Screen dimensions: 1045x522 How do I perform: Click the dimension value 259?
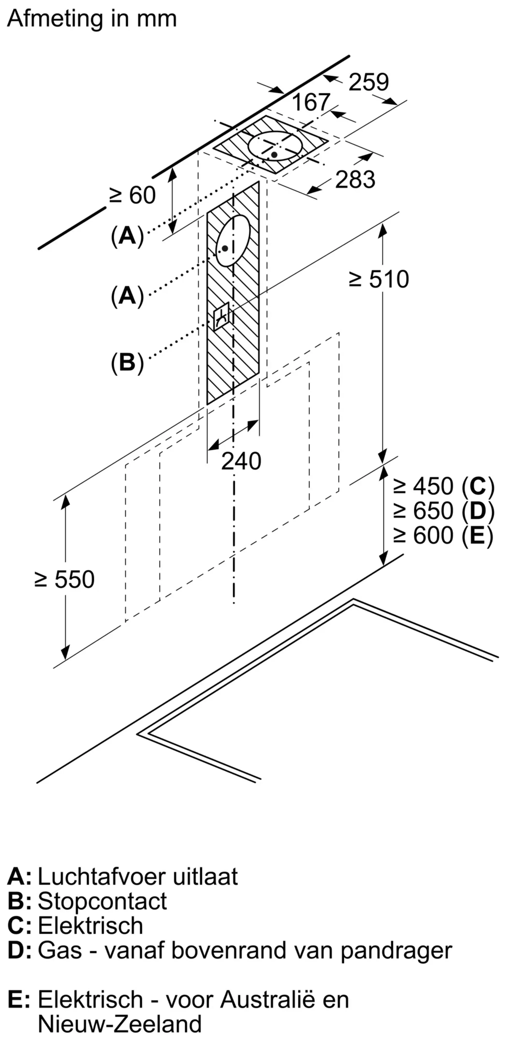pyautogui.click(x=368, y=82)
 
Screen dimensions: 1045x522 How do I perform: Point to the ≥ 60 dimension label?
pyautogui.click(x=132, y=195)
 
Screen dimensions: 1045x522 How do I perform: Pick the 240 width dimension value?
pyautogui.click(x=241, y=461)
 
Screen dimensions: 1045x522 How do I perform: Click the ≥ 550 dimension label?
pyautogui.click(x=65, y=579)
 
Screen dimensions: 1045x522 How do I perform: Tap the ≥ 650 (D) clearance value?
pyautogui.click(x=443, y=511)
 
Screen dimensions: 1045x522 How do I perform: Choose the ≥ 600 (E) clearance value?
pyautogui.click(x=443, y=536)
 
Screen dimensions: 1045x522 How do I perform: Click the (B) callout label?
pyautogui.click(x=127, y=362)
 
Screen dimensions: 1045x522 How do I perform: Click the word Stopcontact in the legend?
pyautogui.click(x=102, y=901)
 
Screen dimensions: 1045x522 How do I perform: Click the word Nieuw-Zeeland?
pyautogui.click(x=120, y=1024)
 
